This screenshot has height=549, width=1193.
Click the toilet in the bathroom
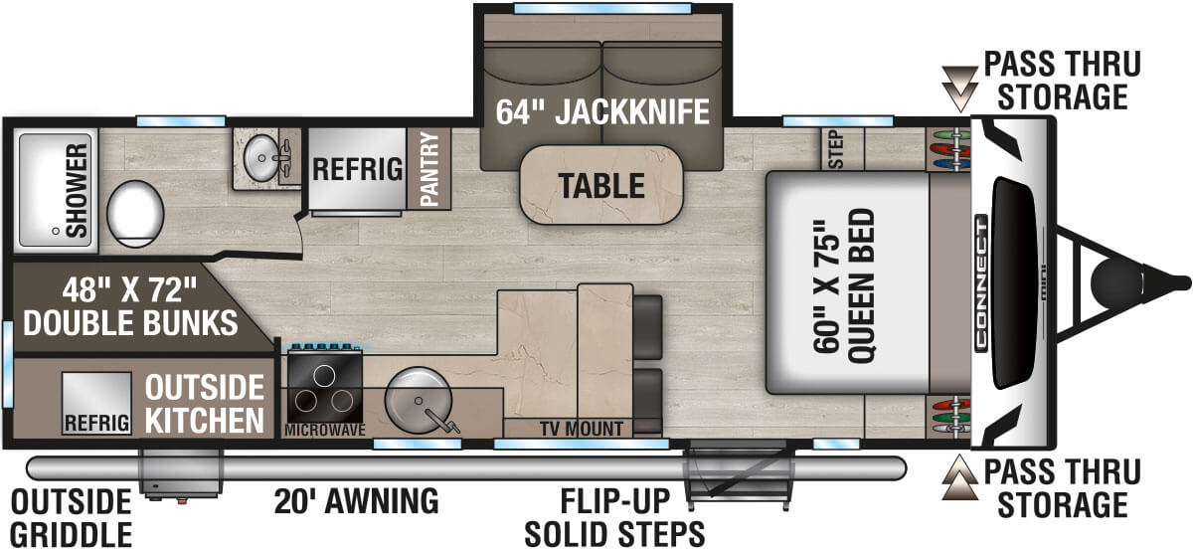[134, 212]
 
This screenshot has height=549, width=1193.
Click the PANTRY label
[429, 168]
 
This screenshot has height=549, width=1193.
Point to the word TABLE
[599, 185]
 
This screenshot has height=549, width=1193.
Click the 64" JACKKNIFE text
[602, 111]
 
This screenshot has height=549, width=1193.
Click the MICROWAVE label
[324, 430]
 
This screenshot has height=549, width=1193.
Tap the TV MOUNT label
[581, 430]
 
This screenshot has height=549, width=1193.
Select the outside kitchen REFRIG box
[96, 403]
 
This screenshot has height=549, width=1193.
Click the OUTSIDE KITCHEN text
[205, 403]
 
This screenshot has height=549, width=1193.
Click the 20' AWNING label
[357, 500]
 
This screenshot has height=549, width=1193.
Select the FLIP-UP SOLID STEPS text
[614, 517]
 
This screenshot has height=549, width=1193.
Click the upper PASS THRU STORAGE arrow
[959, 87]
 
